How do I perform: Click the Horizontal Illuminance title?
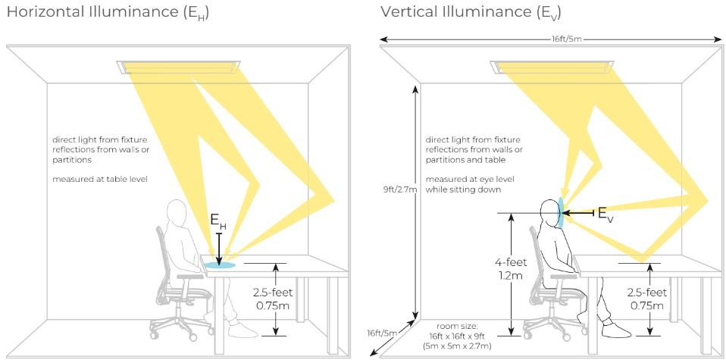coord(107,12)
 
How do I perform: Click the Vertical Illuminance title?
coord(471,12)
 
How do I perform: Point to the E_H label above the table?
coord(218,222)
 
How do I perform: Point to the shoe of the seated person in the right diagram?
coord(616,330)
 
